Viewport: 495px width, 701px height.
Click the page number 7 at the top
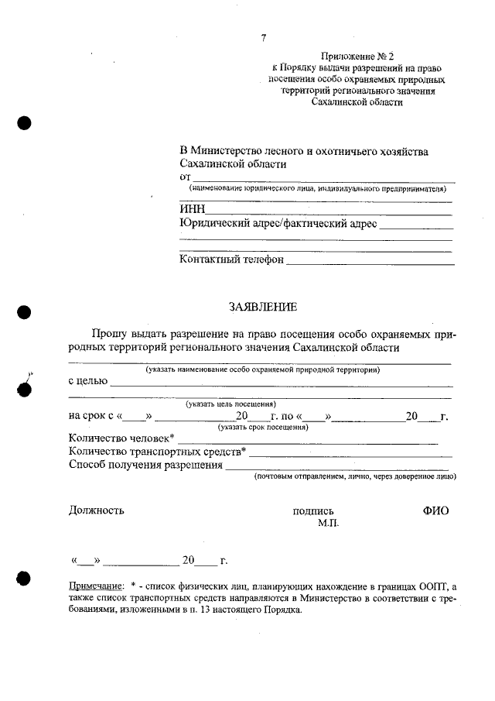pos(264,38)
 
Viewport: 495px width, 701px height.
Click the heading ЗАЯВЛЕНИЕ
pos(262,308)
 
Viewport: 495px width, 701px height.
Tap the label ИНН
pos(191,209)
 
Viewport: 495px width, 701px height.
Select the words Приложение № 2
pos(357,57)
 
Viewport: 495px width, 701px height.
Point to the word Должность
pos(96,510)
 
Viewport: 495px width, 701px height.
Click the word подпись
pos(312,511)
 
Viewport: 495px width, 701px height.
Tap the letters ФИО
pos(435,510)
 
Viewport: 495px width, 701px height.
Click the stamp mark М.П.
pos(328,524)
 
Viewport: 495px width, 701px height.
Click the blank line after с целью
pos(282,384)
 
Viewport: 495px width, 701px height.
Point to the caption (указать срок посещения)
pos(263,427)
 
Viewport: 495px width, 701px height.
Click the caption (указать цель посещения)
pos(230,404)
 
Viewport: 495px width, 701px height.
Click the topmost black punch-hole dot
pos(24,123)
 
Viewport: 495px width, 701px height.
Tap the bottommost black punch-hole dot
pos(24,578)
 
